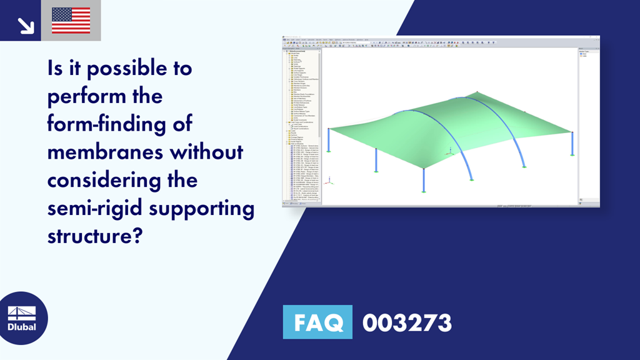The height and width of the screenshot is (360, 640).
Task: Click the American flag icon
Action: [71, 20]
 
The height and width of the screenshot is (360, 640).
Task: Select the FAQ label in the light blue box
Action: [317, 322]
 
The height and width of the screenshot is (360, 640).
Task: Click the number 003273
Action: [407, 322]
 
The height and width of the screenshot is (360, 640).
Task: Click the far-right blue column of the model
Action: [572, 144]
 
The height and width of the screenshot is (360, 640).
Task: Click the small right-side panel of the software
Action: [588, 125]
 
